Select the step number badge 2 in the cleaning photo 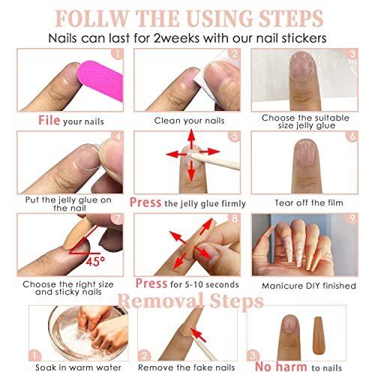click(233, 53)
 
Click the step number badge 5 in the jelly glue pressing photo click(233, 136)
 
